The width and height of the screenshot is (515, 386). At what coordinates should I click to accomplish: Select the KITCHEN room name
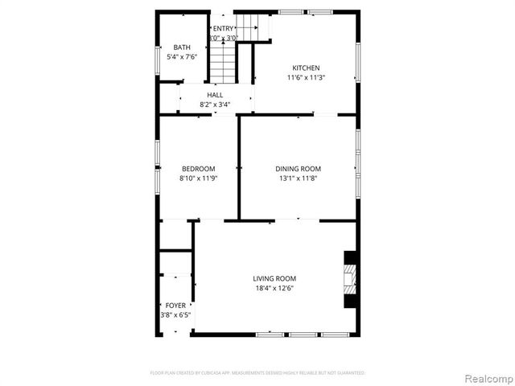coord(306,68)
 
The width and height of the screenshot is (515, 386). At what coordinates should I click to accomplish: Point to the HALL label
coord(215,96)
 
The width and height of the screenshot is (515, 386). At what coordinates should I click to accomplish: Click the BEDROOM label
coord(198,169)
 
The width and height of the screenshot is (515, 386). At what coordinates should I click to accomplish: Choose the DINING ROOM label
coord(299,169)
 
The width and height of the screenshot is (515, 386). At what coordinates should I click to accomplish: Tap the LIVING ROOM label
coord(275,278)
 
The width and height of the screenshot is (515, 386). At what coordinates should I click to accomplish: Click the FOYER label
coord(175,306)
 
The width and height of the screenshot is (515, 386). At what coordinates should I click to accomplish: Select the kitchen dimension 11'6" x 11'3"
coord(306,78)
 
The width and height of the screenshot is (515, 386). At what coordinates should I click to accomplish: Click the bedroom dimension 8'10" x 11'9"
coord(198,179)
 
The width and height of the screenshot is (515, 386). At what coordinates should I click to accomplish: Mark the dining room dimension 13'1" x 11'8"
coord(299,179)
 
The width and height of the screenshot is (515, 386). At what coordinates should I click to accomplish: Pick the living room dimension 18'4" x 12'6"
coord(275,288)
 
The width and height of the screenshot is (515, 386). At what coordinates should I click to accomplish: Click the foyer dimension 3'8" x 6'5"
coord(175,315)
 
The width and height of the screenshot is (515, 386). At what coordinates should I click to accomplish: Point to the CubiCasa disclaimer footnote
coord(257,373)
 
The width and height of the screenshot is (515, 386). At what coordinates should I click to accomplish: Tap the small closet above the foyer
coord(175,235)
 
